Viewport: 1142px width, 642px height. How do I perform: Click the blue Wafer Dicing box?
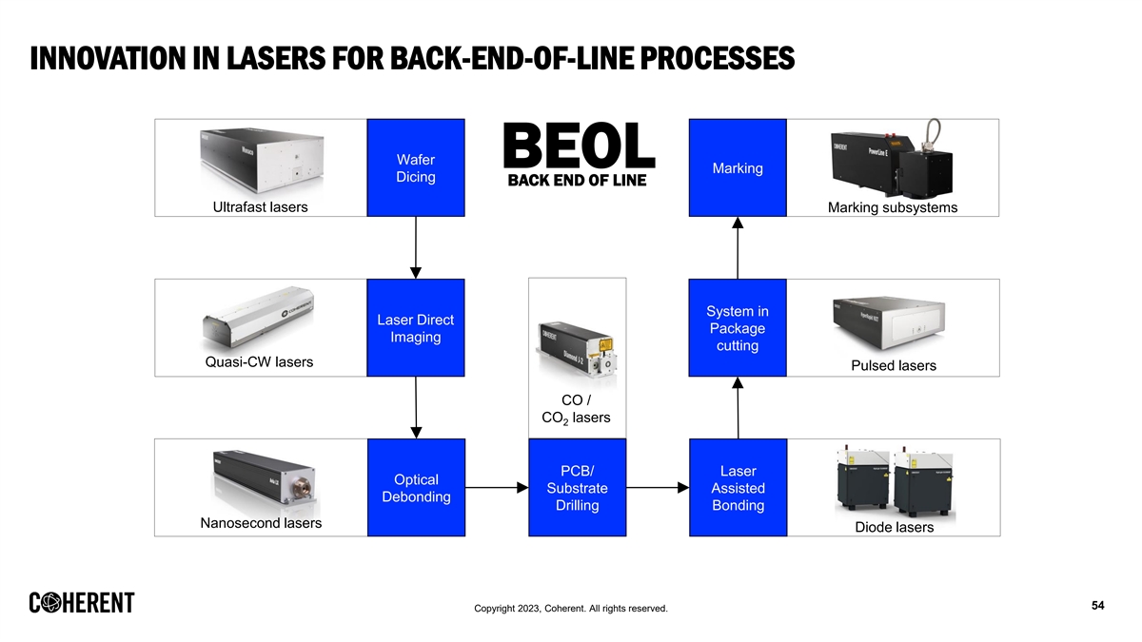point(416,168)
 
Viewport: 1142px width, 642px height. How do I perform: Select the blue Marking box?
point(738,168)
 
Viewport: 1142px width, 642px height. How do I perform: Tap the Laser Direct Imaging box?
point(416,328)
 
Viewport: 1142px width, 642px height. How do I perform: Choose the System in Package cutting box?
point(738,328)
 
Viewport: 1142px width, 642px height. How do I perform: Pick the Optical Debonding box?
point(416,488)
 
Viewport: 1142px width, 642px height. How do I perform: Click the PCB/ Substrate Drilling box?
point(577,488)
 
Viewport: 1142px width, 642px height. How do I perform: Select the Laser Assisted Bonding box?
point(738,488)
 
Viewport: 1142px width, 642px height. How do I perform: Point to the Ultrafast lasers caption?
point(260,206)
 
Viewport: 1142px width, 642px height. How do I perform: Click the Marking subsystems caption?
point(893,207)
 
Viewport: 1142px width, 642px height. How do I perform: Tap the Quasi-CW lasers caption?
point(259,362)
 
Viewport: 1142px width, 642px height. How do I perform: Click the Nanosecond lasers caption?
point(261,523)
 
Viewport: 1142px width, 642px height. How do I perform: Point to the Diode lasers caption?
point(895,527)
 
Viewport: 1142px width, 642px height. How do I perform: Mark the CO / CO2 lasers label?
point(576,409)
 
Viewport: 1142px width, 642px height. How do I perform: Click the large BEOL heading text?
point(578,148)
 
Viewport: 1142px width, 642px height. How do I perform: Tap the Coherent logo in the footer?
point(82,603)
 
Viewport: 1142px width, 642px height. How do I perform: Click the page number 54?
point(1097,606)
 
